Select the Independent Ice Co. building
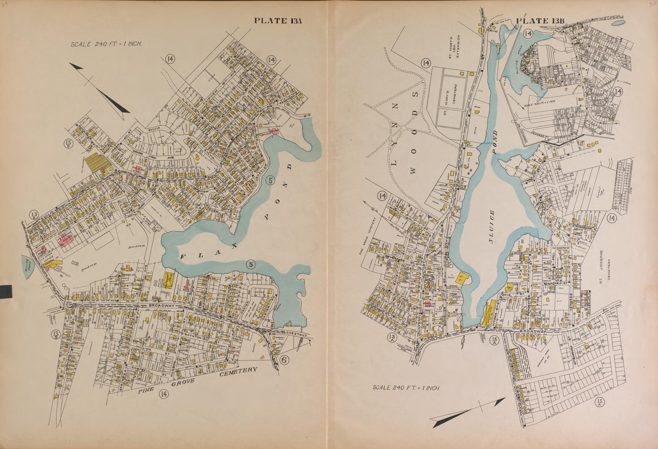tap(169, 280)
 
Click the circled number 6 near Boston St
tap(284, 360)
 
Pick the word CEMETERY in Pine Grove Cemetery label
tap(238, 373)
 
